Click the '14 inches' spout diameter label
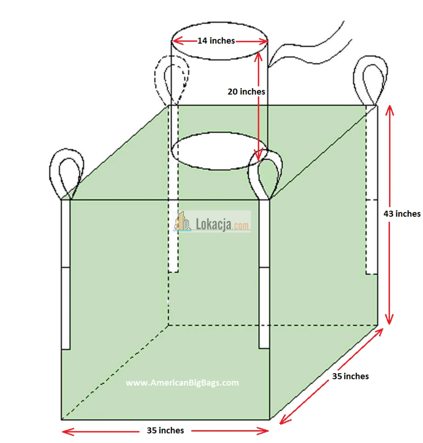216,41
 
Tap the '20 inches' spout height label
246,92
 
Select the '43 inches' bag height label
402,213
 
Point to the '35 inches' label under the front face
165,430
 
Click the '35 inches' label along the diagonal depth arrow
350,376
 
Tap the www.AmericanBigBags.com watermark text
182,382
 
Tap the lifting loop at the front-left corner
50,171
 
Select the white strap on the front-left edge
66,274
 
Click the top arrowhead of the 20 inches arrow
258,56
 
